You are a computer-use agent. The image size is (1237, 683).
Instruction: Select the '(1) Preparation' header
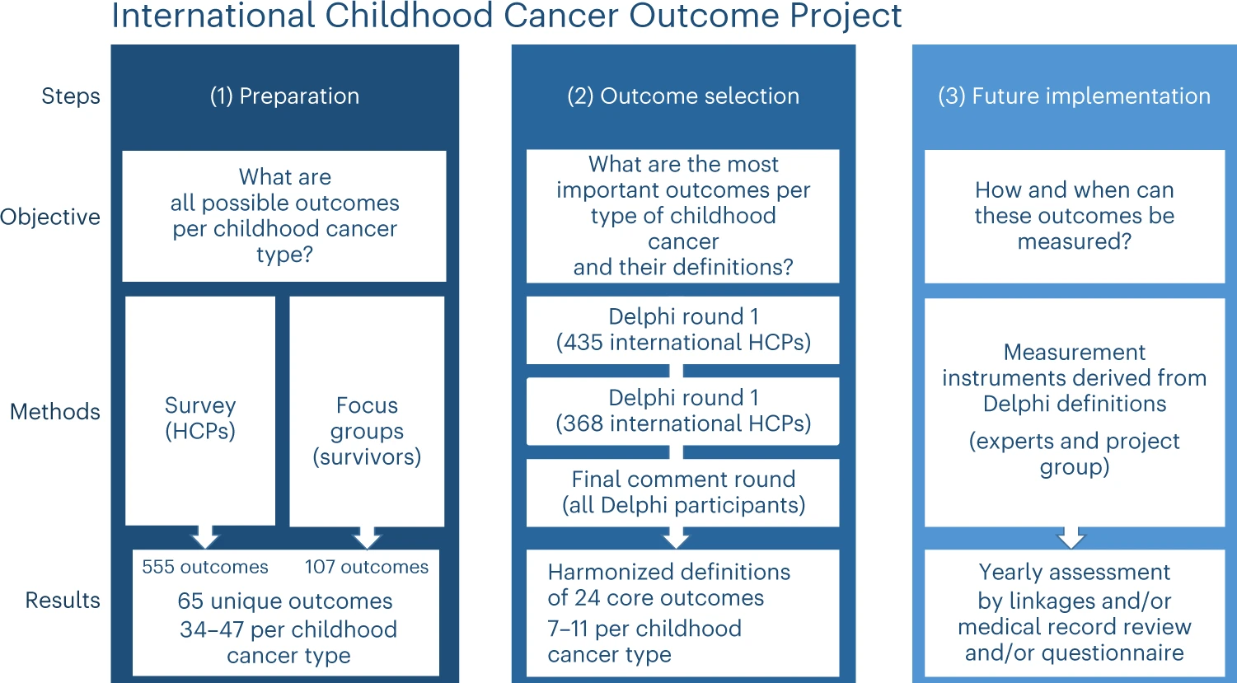[x=284, y=96]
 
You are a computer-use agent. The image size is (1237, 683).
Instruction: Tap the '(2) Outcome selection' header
[x=683, y=96]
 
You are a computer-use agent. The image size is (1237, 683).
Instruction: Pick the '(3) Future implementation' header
[x=1074, y=96]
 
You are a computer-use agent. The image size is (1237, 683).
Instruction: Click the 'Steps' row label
[x=71, y=96]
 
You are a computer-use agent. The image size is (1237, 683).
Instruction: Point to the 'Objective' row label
[x=50, y=217]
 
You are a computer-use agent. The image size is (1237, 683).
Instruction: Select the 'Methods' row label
[x=55, y=411]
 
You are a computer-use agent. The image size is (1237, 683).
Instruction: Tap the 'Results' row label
[x=63, y=600]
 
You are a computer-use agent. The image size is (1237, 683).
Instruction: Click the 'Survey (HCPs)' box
[x=200, y=411]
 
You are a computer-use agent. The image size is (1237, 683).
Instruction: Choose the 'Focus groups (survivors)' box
[x=367, y=411]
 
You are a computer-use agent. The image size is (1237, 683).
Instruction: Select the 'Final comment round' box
[x=682, y=493]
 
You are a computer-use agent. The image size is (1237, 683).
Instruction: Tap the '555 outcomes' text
[x=205, y=567]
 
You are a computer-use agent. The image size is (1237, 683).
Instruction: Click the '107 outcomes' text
[x=367, y=567]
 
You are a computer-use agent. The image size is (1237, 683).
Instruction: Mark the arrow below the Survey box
[x=205, y=536]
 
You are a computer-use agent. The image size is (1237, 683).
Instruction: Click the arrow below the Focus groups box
[x=367, y=537]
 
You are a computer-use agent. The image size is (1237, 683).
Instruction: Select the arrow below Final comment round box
[x=676, y=537]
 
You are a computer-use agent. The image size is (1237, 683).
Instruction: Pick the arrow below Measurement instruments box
[x=1071, y=537]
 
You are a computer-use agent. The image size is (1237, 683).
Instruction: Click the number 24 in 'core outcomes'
[x=587, y=598]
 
